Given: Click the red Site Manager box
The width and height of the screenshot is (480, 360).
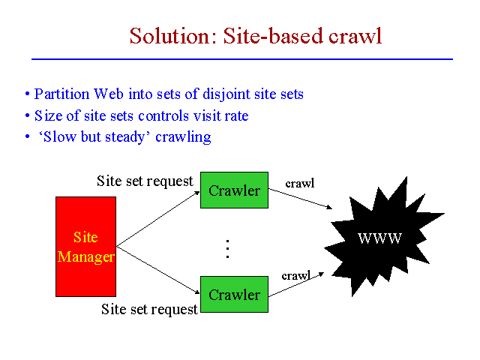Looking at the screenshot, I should coord(85,247).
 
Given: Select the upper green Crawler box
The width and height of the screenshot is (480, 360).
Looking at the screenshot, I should coord(234,190).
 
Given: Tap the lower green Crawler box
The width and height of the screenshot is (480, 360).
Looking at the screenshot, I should coord(234,294).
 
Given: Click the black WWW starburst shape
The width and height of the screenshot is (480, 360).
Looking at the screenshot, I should coord(379,238).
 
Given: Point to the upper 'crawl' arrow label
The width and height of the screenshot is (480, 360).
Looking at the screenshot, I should coord(300,184).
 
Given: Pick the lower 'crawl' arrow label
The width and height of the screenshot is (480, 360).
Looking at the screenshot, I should coord(295,276).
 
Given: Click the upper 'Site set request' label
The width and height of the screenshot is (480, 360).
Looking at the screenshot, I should coord(145,181).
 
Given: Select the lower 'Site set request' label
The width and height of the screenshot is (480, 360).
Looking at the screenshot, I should coord(149,309).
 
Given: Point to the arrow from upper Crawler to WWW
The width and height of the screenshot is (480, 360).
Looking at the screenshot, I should coord(300,197).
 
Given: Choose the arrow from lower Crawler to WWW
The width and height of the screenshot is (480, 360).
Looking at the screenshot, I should coord(296,284).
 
